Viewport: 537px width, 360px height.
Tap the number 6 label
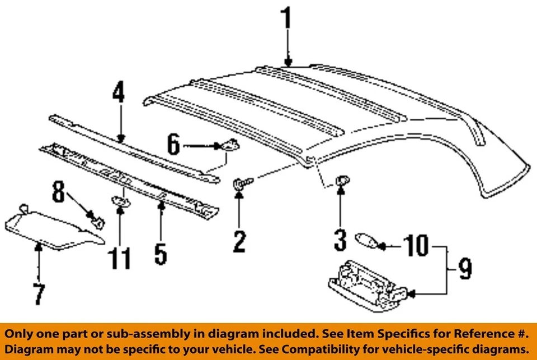(x=173, y=146)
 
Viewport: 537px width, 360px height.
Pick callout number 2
(x=239, y=241)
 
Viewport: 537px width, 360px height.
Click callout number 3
(x=341, y=241)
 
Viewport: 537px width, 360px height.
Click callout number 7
(x=38, y=294)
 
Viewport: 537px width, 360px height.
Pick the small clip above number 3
(x=341, y=180)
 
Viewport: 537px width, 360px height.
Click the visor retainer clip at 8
(x=96, y=220)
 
